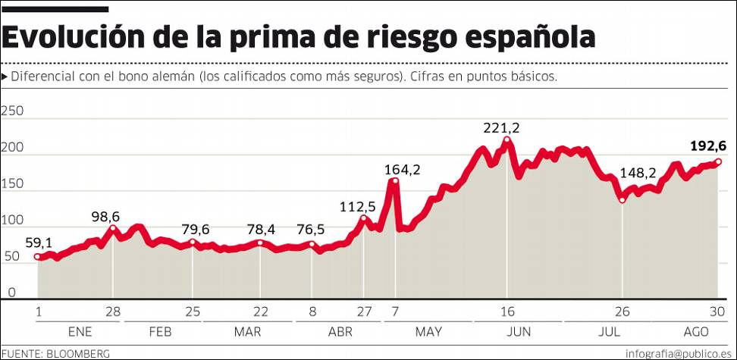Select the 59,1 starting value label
pyautogui.click(x=39, y=243)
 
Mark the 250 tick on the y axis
pyautogui.click(x=14, y=111)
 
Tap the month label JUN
pyautogui.click(x=518, y=332)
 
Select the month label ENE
pyautogui.click(x=80, y=332)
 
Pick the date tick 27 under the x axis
pyautogui.click(x=365, y=311)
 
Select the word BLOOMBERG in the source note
pyautogui.click(x=78, y=354)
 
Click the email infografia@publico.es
pyautogui.click(x=679, y=354)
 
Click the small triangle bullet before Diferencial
pyautogui.click(x=5, y=77)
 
